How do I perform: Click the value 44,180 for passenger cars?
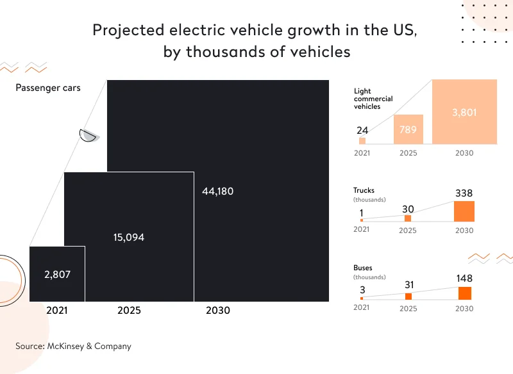(217, 191)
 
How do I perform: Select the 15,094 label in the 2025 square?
(129, 237)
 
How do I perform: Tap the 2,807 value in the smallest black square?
(57, 274)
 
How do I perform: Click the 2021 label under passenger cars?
(56, 310)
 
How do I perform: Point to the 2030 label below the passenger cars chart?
(217, 310)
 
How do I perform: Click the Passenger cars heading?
(48, 88)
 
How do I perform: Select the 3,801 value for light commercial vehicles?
(464, 112)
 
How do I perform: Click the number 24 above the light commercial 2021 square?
(362, 131)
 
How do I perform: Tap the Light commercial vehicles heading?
(373, 99)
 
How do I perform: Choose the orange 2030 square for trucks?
(464, 211)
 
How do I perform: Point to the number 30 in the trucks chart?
(408, 209)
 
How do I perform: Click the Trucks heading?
(364, 190)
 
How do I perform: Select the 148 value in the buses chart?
(464, 278)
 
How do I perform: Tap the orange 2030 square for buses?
(464, 293)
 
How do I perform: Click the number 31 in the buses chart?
(408, 285)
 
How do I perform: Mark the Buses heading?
(362, 268)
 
